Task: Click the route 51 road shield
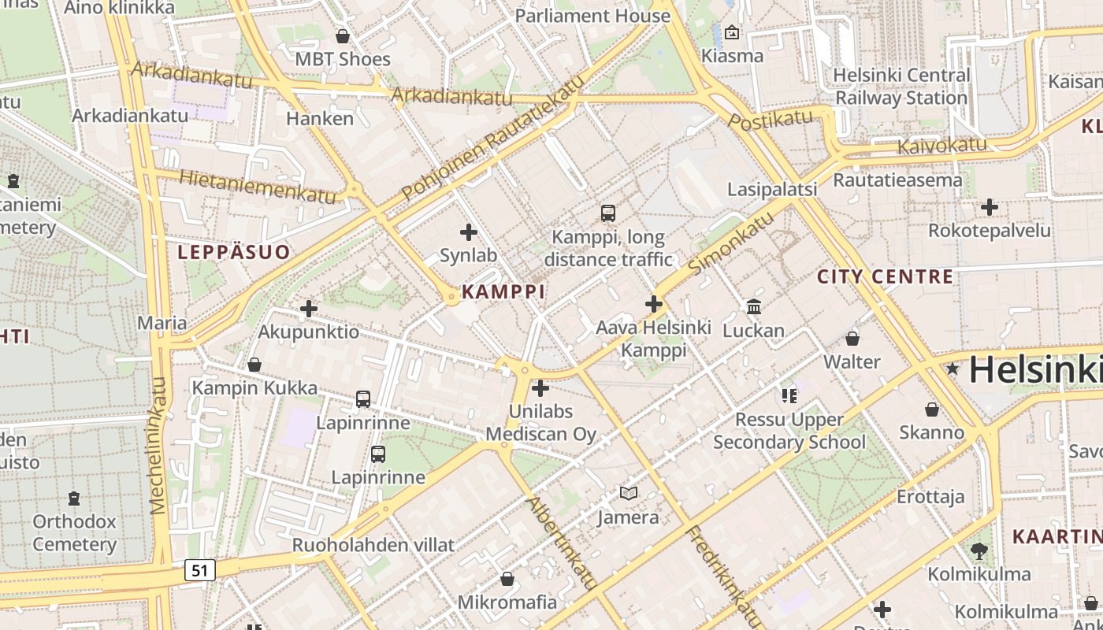(200, 569)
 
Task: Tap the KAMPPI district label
(503, 291)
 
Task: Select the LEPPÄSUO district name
(233, 252)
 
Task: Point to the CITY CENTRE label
(885, 276)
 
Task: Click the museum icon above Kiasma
(732, 32)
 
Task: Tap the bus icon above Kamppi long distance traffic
(607, 213)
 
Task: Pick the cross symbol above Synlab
(469, 232)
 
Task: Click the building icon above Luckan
(754, 306)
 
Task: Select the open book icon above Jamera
(628, 494)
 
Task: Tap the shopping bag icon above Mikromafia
(507, 579)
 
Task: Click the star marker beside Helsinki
(953, 369)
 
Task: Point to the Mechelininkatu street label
(159, 445)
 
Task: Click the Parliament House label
(592, 16)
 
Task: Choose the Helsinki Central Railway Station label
(901, 87)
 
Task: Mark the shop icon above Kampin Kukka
(254, 365)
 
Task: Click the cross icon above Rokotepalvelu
(990, 207)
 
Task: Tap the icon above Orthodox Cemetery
(74, 498)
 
